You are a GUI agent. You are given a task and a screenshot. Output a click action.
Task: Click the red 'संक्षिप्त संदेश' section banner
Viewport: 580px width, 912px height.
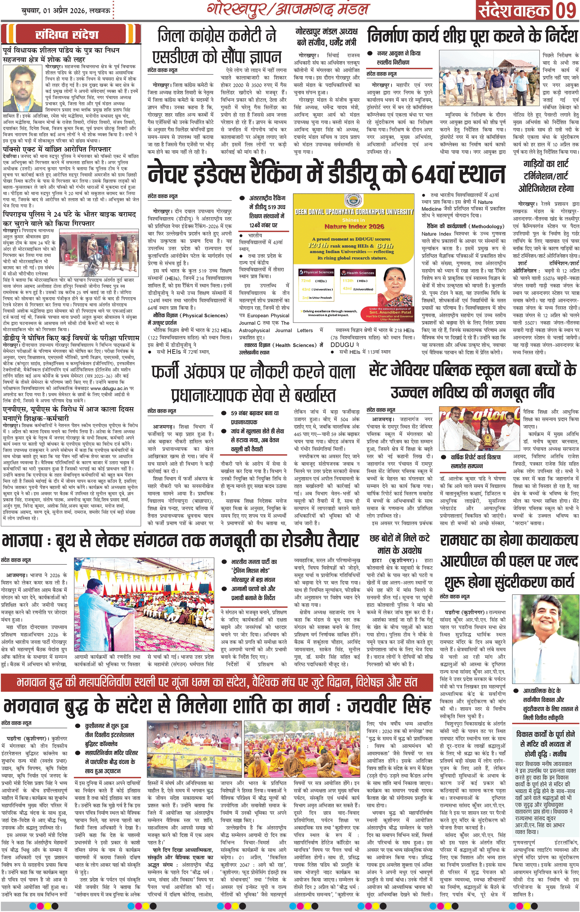[x=67, y=35]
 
